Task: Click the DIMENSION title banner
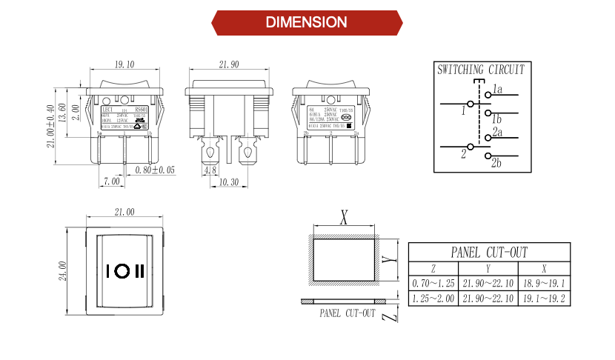pos(307,22)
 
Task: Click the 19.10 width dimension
pos(124,64)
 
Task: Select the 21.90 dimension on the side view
pos(229,64)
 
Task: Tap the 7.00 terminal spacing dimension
pos(111,181)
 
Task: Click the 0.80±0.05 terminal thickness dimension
pos(156,170)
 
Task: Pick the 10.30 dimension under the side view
pos(230,181)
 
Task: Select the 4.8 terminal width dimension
pos(210,170)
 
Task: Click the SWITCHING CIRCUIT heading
pos(481,70)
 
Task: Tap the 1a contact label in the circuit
pos(496,90)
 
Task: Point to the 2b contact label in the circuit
pos(496,163)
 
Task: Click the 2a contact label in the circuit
pos(496,133)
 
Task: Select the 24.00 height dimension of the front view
pos(63,270)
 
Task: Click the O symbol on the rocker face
pos(121,270)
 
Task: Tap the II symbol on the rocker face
pos(139,270)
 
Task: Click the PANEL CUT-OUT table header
pos(489,253)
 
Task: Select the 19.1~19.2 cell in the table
pos(544,299)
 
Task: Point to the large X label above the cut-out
pos(344,218)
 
